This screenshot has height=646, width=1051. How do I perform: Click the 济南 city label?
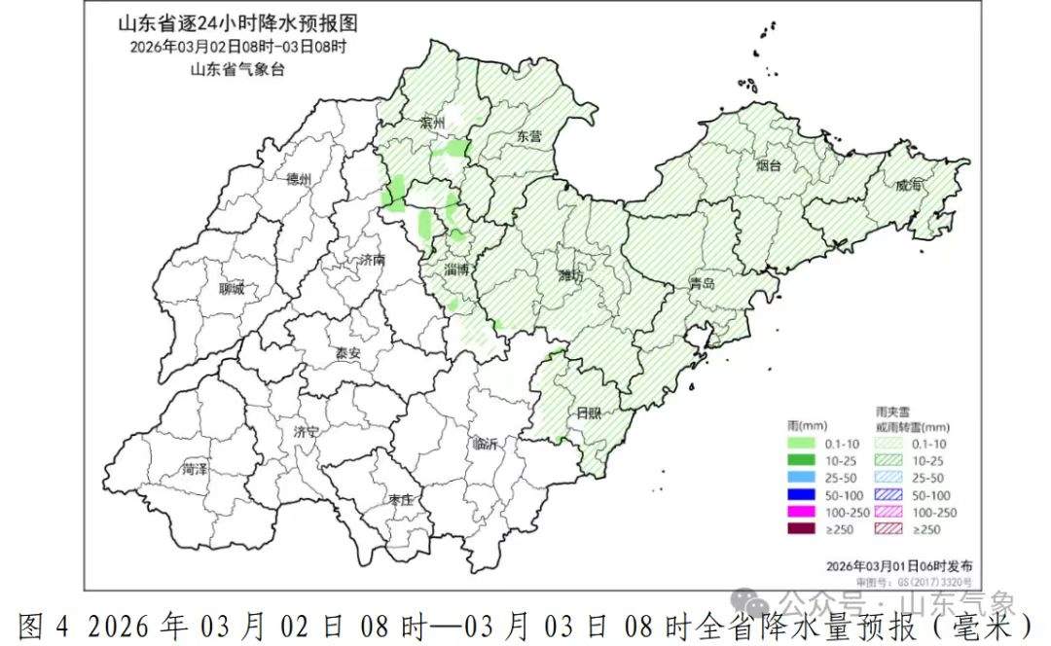pyautogui.click(x=373, y=261)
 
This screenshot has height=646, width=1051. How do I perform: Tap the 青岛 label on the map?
pyautogui.click(x=702, y=284)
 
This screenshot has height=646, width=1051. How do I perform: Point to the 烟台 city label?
pyautogui.click(x=769, y=166)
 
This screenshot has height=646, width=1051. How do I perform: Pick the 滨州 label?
pyautogui.click(x=432, y=124)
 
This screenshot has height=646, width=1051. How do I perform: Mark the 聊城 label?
pyautogui.click(x=234, y=288)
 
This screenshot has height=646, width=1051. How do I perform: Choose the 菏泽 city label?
pyautogui.click(x=195, y=469)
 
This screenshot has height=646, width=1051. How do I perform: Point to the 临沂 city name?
pyautogui.click(x=485, y=444)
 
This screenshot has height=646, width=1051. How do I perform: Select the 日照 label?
pyautogui.click(x=588, y=413)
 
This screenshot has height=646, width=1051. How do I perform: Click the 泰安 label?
pyautogui.click(x=347, y=353)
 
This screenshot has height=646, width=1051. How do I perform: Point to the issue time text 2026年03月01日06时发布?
pyautogui.click(x=897, y=565)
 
